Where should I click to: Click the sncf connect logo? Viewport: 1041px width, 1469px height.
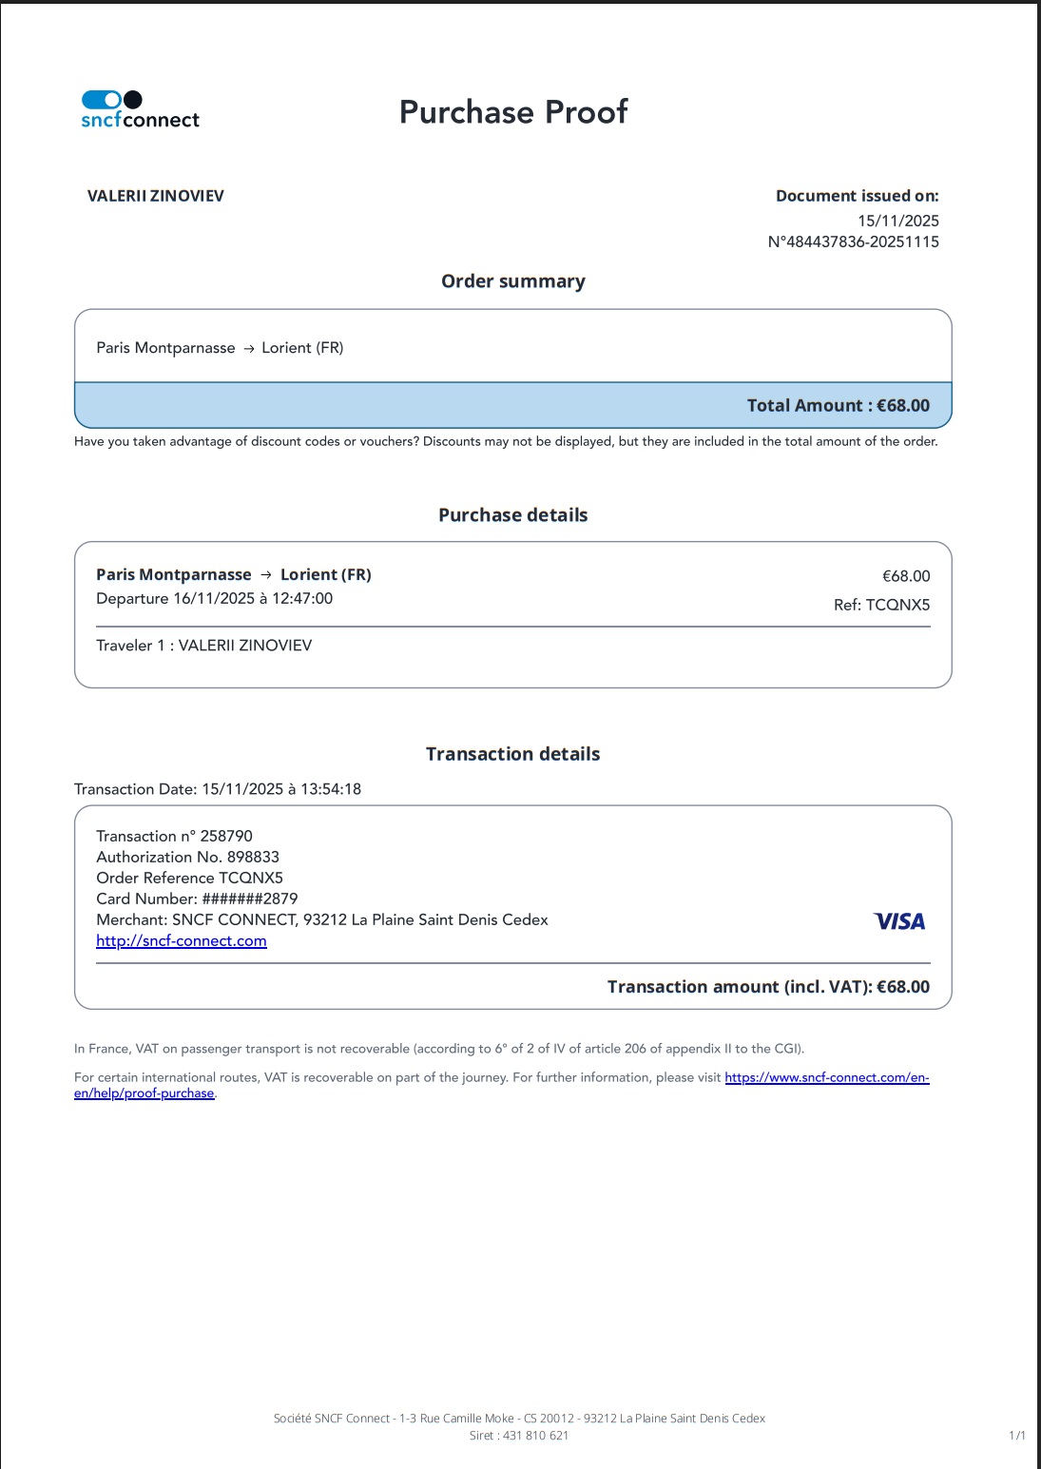pyautogui.click(x=140, y=109)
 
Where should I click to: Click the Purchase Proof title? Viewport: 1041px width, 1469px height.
pyautogui.click(x=513, y=112)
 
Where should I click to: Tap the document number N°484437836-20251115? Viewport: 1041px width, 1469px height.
pyautogui.click(x=853, y=242)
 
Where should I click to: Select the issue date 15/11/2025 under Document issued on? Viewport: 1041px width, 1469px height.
pyautogui.click(x=897, y=221)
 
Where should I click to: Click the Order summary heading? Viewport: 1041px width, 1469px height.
pyautogui.click(x=513, y=281)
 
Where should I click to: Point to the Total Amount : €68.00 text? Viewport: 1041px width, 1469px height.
pyautogui.click(x=838, y=405)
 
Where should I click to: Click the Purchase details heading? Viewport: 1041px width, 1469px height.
pyautogui.click(x=513, y=515)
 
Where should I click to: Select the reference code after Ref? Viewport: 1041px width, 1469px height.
pyautogui.click(x=897, y=605)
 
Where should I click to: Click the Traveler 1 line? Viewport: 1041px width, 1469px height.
pyautogui.click(x=204, y=646)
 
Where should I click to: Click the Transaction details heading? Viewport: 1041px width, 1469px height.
pyautogui.click(x=513, y=754)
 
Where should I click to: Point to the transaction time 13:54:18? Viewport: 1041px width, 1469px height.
pyautogui.click(x=331, y=789)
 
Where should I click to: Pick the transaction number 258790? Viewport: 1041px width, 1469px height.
pyautogui.click(x=226, y=836)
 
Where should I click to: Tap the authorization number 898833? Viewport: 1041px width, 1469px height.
pyautogui.click(x=253, y=857)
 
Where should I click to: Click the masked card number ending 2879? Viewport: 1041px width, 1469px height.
pyautogui.click(x=250, y=899)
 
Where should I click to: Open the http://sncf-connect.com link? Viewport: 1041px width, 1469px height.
pyautogui.click(x=182, y=940)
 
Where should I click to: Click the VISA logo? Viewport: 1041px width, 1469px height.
pyautogui.click(x=899, y=920)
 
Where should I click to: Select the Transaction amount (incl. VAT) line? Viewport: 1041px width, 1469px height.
pyautogui.click(x=768, y=987)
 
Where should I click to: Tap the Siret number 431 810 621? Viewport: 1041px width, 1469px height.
pyautogui.click(x=535, y=1436)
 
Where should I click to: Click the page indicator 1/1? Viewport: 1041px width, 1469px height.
pyautogui.click(x=1016, y=1436)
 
